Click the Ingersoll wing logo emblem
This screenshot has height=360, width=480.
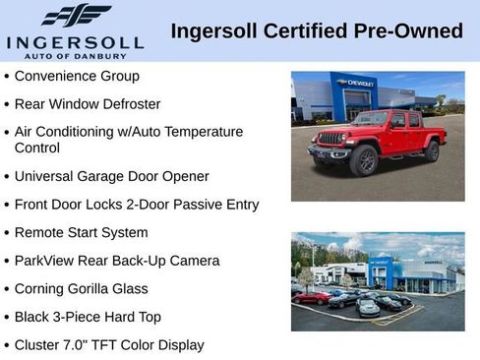[76, 15]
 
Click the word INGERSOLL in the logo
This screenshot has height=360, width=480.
[76, 41]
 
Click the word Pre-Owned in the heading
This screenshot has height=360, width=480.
[414, 30]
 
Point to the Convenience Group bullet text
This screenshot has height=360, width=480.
[77, 76]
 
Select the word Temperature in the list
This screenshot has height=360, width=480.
[204, 131]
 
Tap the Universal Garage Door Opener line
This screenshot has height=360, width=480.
[111, 177]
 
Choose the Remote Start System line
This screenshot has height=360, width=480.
[81, 233]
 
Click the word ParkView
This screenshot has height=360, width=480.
[44, 261]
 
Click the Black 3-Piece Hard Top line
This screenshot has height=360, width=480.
[88, 317]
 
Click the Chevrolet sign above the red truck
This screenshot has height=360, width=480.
[354, 84]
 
